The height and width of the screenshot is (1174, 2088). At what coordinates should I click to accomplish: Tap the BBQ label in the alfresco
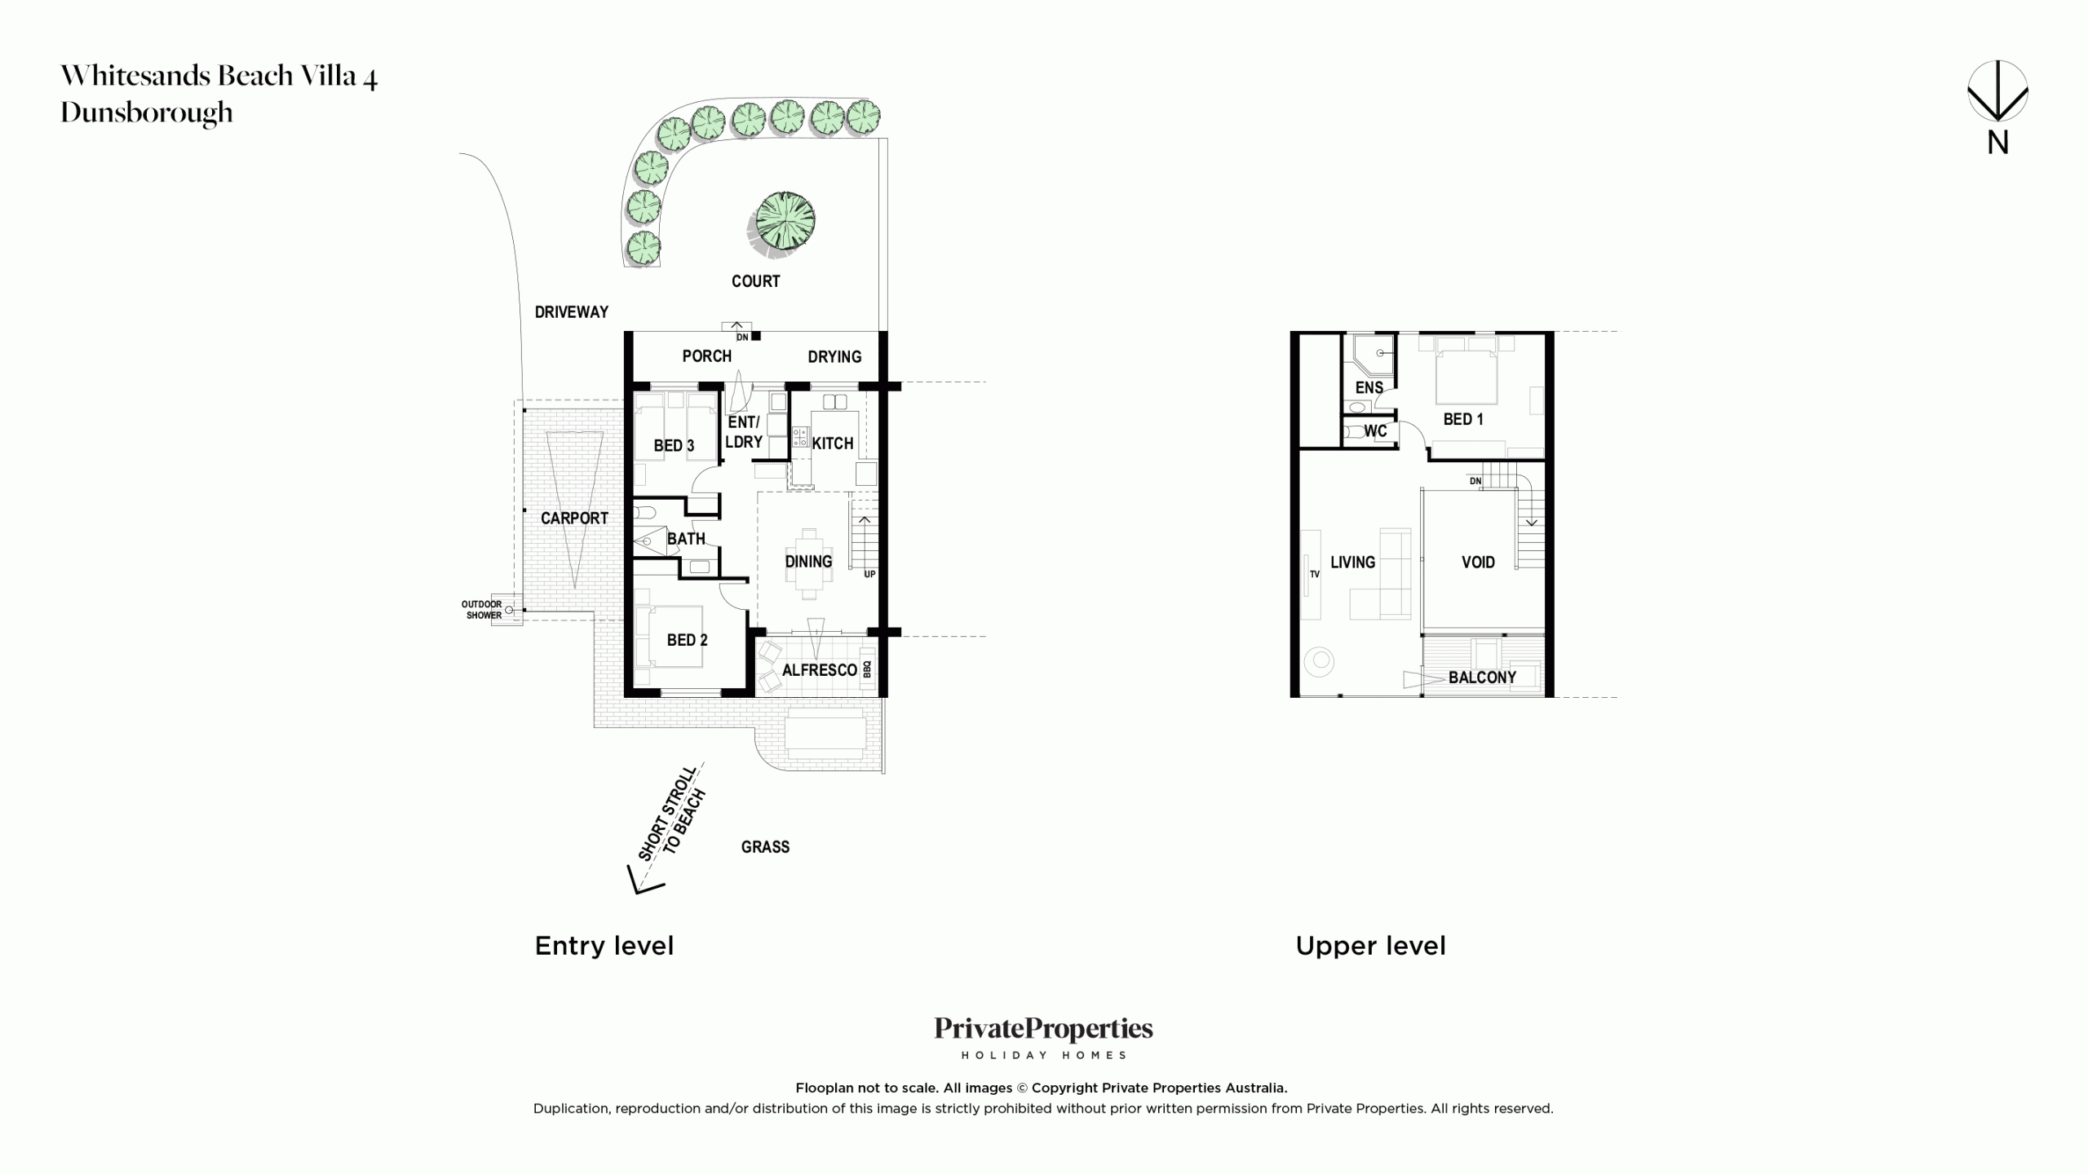click(x=867, y=669)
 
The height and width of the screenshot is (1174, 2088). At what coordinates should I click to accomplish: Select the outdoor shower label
click(x=482, y=610)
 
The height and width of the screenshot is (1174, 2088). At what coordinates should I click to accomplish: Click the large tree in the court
click(x=784, y=220)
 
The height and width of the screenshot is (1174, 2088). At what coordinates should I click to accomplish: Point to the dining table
click(x=809, y=562)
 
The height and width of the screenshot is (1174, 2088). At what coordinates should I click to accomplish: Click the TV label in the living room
click(x=1315, y=574)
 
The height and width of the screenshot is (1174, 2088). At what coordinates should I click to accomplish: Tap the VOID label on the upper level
click(x=1478, y=562)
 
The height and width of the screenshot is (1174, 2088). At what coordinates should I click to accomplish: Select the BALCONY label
click(x=1482, y=677)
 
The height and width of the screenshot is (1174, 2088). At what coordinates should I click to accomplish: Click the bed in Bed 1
click(x=1466, y=371)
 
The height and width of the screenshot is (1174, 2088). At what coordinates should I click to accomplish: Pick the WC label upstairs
click(x=1375, y=431)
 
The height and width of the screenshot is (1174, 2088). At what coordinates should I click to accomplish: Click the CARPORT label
click(x=574, y=519)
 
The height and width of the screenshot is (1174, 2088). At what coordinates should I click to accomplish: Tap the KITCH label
click(x=833, y=444)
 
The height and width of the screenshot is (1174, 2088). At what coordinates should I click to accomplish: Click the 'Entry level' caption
click(x=604, y=946)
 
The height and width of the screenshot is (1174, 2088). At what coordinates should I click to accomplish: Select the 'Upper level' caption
click(x=1371, y=946)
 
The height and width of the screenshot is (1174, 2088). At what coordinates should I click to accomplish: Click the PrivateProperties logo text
click(x=1044, y=1030)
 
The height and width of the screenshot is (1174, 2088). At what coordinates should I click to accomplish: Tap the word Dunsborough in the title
click(x=147, y=113)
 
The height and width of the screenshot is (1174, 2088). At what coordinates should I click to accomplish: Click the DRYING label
click(x=834, y=357)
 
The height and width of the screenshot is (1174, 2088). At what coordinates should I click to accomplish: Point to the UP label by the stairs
click(x=869, y=574)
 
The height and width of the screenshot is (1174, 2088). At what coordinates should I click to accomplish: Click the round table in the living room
click(x=1319, y=661)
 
